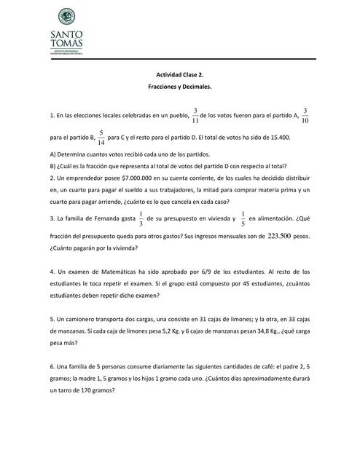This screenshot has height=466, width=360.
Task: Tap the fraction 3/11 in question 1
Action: click(195, 116)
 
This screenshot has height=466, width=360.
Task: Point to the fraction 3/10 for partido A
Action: click(305, 116)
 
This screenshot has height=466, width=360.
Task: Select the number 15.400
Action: click(277, 138)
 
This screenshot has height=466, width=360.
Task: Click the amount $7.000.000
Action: click(126, 177)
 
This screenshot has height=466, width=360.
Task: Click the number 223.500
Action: click(279, 236)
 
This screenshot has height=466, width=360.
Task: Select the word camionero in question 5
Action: click(73, 318)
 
